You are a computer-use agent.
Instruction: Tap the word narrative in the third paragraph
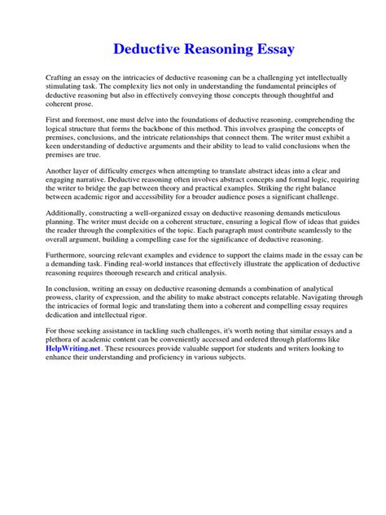click(x=93, y=197)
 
